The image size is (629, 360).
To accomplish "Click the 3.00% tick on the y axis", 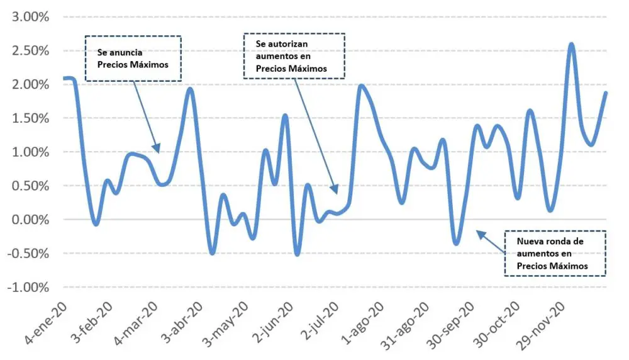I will (x=30, y=17).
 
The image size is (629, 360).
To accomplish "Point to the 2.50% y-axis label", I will (x=30, y=51).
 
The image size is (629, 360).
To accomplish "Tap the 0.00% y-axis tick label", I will (x=30, y=220).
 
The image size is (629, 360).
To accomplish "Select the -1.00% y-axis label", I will (x=28, y=288).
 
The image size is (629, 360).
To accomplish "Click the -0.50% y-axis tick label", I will (x=28, y=254).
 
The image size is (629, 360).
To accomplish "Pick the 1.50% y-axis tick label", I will (x=30, y=118).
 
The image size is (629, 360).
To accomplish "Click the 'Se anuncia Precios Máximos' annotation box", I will (x=133, y=58).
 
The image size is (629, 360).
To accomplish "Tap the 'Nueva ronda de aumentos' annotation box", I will (x=555, y=253).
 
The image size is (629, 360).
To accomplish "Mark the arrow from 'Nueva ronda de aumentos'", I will (x=491, y=242).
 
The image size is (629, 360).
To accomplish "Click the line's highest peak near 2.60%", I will (x=571, y=44).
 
